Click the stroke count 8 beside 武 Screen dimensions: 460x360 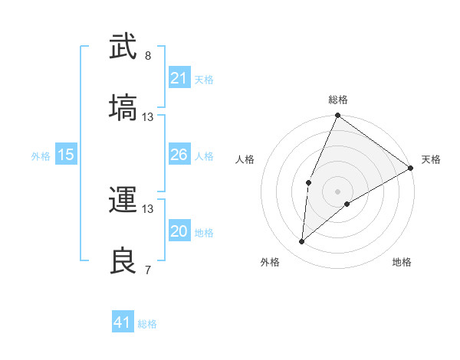[148, 56]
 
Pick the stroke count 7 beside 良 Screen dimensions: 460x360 [148, 270]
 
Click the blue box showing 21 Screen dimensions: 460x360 [179, 77]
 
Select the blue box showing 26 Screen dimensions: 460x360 [179, 155]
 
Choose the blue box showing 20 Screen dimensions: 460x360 [179, 231]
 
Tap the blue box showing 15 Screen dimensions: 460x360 [66, 155]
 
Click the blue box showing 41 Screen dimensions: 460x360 [123, 322]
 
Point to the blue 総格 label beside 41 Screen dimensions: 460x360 [147, 324]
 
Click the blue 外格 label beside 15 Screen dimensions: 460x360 [41, 156]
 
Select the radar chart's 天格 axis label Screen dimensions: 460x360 [431, 159]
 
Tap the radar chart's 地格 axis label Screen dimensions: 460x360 [402, 263]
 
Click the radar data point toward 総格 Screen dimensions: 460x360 [337, 116]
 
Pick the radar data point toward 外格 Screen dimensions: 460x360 [302, 242]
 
